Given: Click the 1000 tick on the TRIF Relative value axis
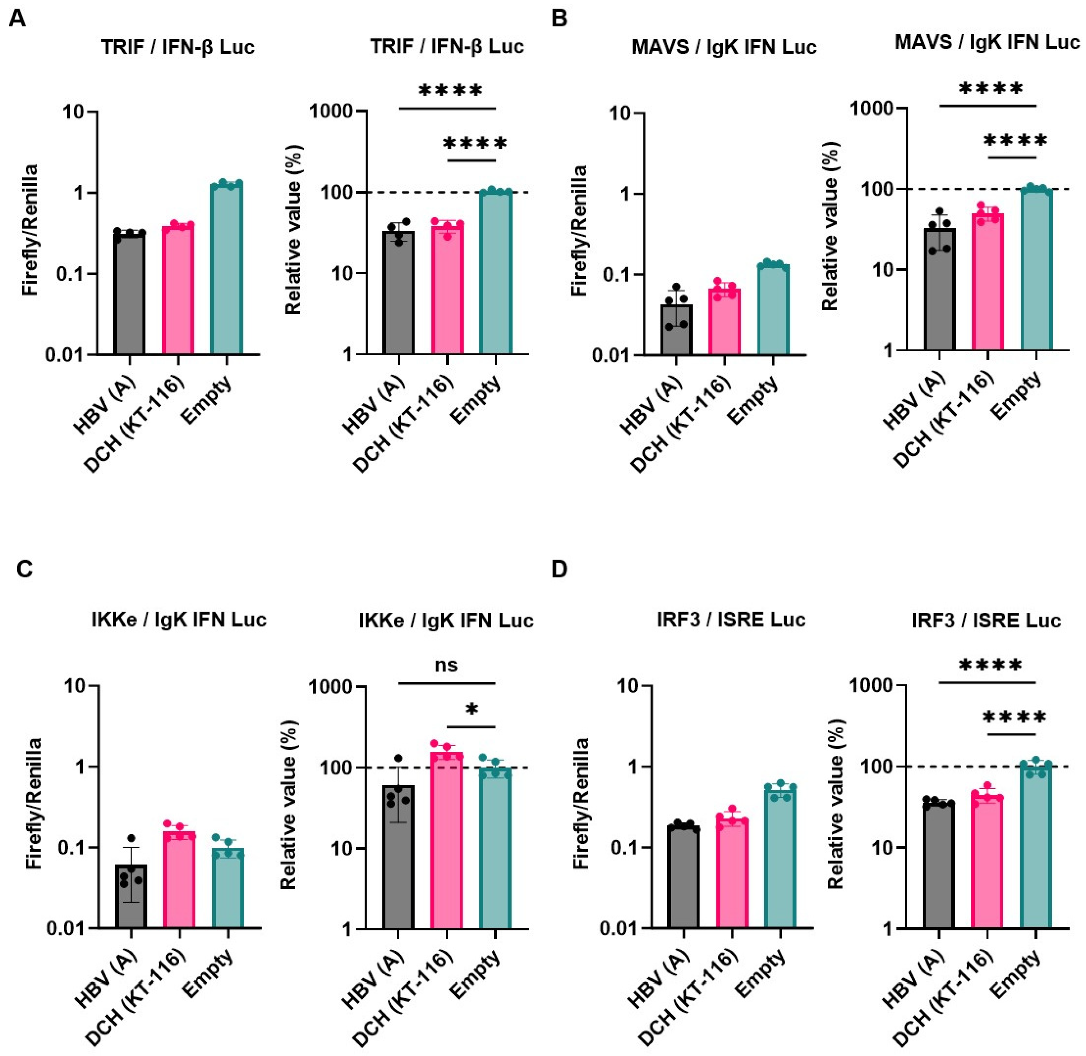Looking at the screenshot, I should tap(337, 111).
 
